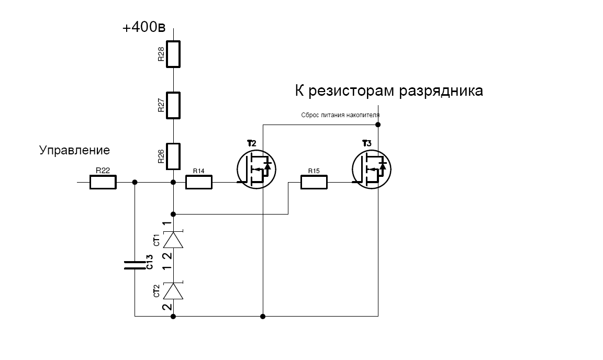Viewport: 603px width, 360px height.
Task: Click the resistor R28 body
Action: [x=173, y=54]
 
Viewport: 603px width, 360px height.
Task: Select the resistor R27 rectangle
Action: [x=173, y=105]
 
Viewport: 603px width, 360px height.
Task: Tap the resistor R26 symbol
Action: [x=173, y=156]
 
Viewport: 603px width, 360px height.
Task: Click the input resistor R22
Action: [x=103, y=182]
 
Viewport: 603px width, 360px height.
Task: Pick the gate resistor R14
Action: [x=199, y=182]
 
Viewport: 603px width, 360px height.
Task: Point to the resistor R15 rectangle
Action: [x=314, y=182]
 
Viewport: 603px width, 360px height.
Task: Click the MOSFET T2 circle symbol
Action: [x=256, y=168]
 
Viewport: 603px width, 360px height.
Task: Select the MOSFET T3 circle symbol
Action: [x=371, y=168]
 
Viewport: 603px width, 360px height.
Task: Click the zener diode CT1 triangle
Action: [x=173, y=240]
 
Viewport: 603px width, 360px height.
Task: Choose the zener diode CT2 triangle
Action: [x=173, y=291]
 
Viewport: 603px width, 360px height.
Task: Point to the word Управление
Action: [x=74, y=151]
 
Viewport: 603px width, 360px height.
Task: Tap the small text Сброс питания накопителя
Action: [x=340, y=115]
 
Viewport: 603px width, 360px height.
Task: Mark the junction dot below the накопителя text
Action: [x=378, y=125]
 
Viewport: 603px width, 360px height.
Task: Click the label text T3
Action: [x=366, y=143]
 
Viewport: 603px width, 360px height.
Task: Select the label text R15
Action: [x=314, y=171]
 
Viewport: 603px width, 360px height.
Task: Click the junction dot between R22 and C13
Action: [x=135, y=182]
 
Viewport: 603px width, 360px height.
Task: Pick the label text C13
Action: [x=149, y=262]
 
